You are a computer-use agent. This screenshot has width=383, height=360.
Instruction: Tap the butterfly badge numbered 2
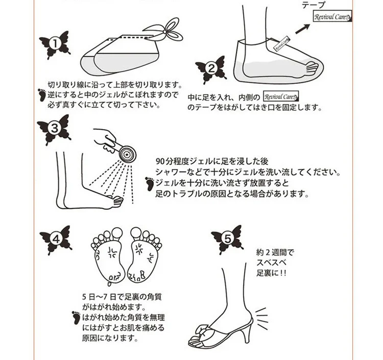click(x=210, y=69)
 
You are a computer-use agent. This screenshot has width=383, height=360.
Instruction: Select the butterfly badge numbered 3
click(x=54, y=129)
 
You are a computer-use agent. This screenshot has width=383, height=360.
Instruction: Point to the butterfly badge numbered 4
click(x=56, y=239)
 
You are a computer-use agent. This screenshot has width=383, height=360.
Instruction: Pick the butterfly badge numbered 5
click(x=227, y=239)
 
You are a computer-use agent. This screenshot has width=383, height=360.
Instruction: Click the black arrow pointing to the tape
click(x=303, y=29)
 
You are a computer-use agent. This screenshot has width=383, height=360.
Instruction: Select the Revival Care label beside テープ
click(x=332, y=16)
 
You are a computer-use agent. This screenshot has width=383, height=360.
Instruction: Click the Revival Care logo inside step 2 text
click(x=281, y=96)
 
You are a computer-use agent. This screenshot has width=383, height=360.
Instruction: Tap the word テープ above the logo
click(x=314, y=5)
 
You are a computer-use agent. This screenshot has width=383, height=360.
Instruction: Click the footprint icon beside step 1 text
click(x=42, y=95)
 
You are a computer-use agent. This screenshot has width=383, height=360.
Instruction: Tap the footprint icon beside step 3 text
click(x=150, y=184)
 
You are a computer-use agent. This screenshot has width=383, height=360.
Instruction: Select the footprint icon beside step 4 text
click(x=77, y=318)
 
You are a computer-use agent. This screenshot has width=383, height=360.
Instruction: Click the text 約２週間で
click(x=275, y=252)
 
